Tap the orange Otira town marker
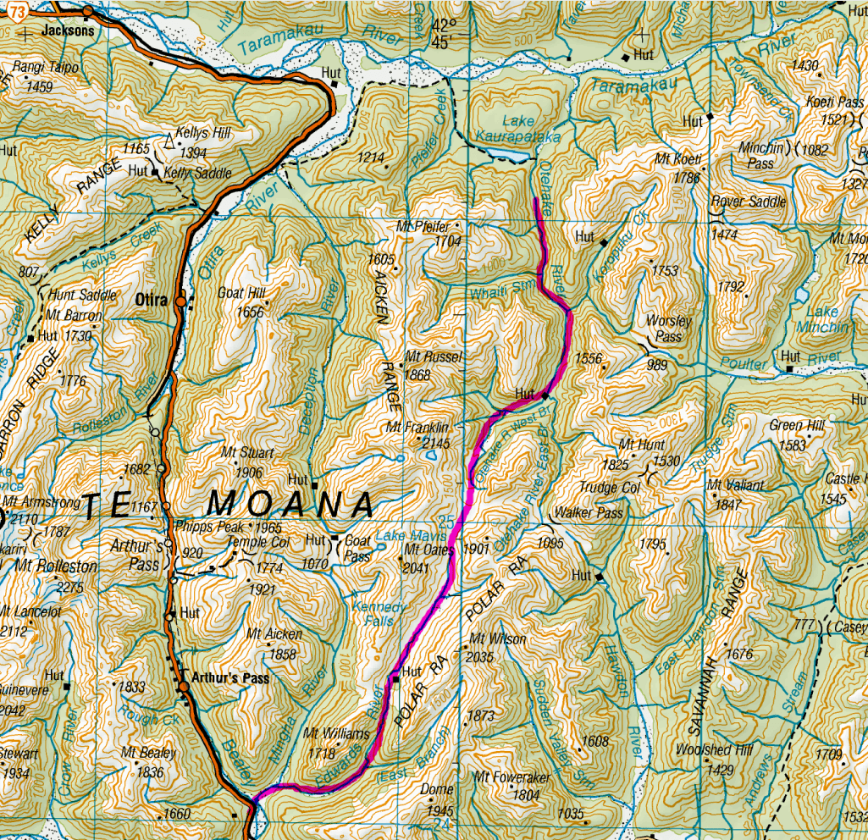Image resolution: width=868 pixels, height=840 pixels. coord(180,301)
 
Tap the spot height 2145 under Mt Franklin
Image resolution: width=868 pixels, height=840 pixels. coord(435,442)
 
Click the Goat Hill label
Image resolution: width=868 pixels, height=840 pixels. coord(242,293)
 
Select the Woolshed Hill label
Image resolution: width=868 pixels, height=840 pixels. coord(702,749)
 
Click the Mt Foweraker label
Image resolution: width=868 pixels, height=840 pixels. coord(511,777)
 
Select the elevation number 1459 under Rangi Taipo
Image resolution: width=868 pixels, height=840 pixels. coord(40,86)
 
